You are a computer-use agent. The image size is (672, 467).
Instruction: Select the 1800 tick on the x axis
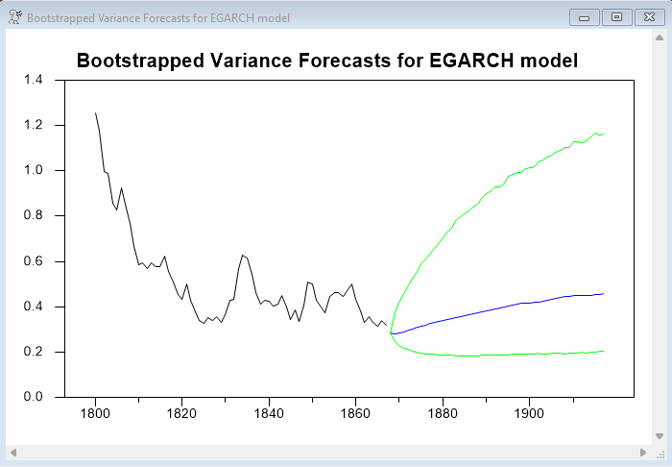pyautogui.click(x=95, y=414)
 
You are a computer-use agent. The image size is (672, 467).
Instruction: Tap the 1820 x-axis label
pyautogui.click(x=182, y=414)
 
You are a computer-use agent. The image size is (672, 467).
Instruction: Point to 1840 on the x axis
pyautogui.click(x=269, y=414)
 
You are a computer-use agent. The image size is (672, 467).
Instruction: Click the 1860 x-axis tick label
pyautogui.click(x=355, y=414)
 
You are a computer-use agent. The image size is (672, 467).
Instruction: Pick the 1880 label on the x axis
pyautogui.click(x=442, y=414)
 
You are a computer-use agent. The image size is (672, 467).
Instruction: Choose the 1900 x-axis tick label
pyautogui.click(x=529, y=414)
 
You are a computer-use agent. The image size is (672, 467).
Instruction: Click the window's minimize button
pyautogui.click(x=584, y=17)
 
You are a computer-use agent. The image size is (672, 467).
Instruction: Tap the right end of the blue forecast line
pyautogui.click(x=603, y=293)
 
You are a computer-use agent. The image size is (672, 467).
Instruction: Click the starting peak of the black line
pyautogui.click(x=95, y=112)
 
